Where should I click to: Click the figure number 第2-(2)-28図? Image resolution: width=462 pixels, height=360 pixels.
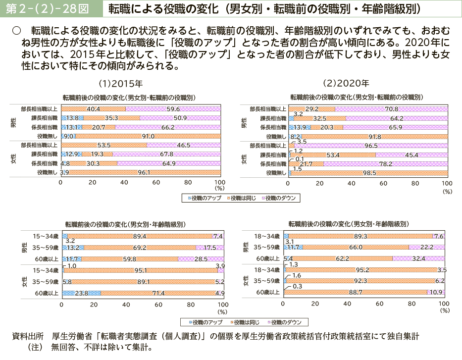pyautogui.click(x=48, y=8)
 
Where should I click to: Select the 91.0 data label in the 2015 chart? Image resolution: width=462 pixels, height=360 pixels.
pyautogui.click(x=149, y=136)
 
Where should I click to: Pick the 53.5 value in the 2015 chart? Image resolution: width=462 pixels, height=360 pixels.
pyautogui.click(x=104, y=146)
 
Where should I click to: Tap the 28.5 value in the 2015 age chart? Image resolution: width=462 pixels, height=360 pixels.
pyautogui.click(x=200, y=258)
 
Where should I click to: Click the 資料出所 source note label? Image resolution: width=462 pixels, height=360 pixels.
pyautogui.click(x=28, y=336)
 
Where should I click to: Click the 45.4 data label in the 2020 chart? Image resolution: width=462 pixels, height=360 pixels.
pyautogui.click(x=412, y=154)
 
